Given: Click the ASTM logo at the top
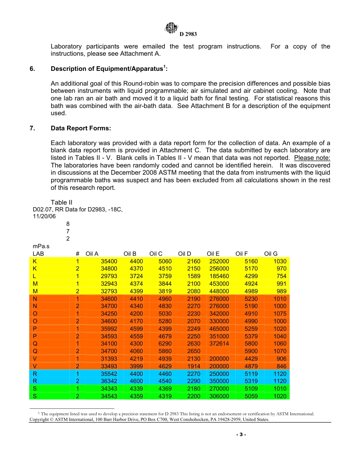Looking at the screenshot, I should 172,28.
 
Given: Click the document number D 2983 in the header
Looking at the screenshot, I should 188,34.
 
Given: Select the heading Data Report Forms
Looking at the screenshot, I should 81,128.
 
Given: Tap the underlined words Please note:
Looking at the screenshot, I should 312,158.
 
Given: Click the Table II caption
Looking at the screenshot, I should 61,202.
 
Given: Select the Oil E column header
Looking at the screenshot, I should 213,254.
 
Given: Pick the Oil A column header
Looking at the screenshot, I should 92,254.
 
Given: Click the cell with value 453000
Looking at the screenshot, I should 219,284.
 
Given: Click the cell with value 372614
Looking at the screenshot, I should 219,344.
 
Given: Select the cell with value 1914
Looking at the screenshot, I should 194,366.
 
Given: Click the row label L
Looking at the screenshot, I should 34,276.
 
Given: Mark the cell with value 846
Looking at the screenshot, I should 281,366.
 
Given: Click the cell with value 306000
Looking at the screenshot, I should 219,396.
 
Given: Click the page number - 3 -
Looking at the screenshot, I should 241,435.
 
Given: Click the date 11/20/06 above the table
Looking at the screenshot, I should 42,216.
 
